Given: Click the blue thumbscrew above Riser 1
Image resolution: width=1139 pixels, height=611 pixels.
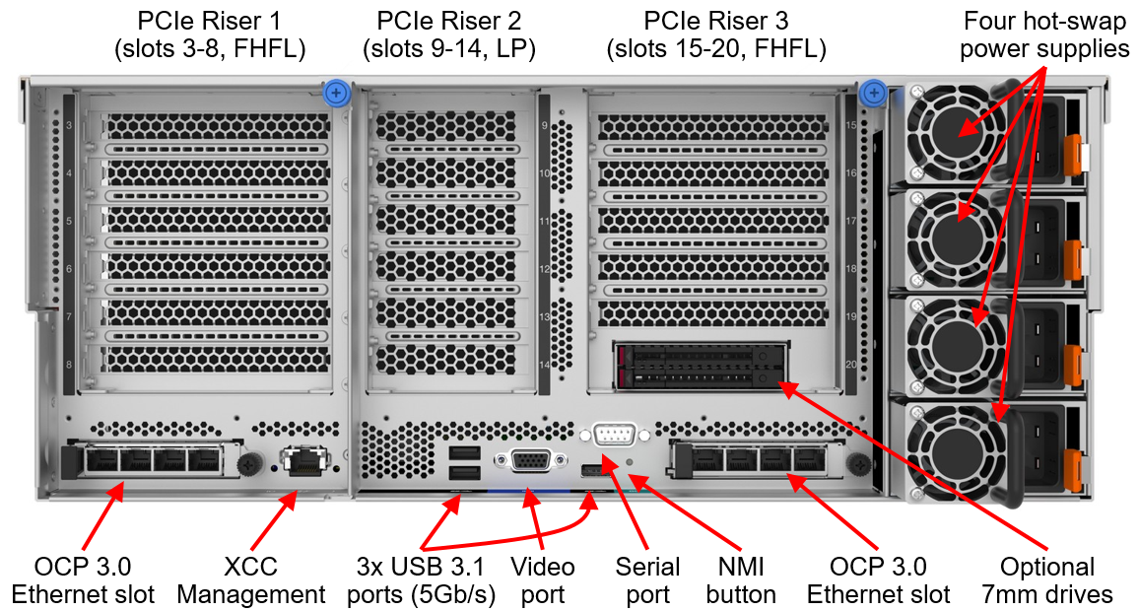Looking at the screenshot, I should [x=337, y=94].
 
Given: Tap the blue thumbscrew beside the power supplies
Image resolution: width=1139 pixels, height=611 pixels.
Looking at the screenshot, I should [x=872, y=95].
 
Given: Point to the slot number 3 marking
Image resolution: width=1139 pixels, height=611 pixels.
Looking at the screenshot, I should [x=69, y=126].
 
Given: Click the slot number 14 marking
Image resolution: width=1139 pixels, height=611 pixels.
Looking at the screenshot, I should [x=544, y=365].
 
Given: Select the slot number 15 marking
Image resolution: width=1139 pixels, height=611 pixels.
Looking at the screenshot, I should [x=851, y=126].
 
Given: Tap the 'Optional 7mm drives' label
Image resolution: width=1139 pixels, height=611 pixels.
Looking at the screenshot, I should [x=1046, y=580].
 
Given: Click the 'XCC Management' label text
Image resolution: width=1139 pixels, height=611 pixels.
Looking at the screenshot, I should [x=251, y=580].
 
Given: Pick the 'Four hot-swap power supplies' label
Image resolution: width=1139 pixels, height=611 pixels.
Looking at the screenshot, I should [x=1044, y=34].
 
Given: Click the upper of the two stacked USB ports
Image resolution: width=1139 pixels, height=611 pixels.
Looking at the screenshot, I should [x=460, y=452].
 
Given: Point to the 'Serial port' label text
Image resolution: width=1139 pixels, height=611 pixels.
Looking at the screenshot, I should [x=647, y=580].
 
